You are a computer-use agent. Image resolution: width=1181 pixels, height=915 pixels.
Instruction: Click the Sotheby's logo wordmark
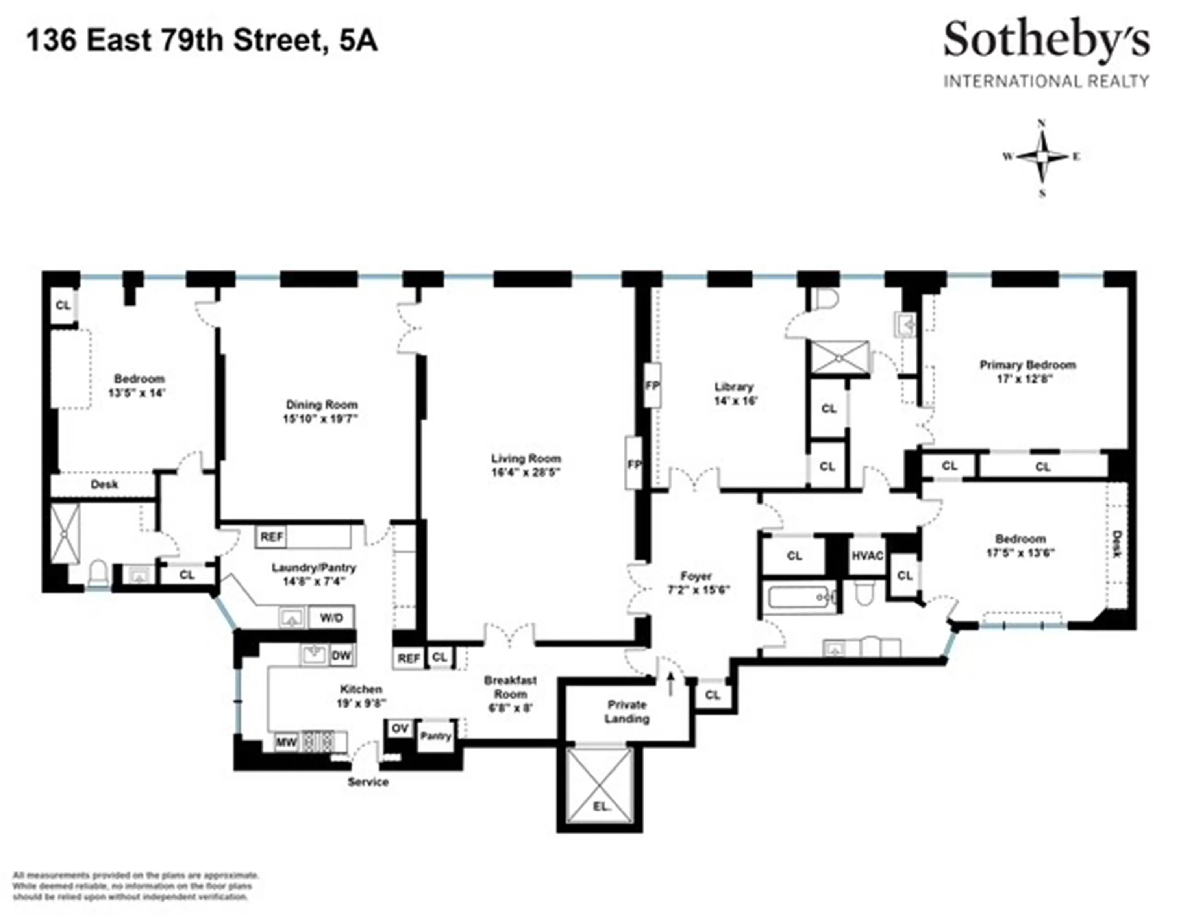pos(1046,41)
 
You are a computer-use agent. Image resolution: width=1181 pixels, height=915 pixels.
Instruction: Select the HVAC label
pos(867,556)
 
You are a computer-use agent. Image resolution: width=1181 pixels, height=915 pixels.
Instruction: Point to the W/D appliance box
pos(331,618)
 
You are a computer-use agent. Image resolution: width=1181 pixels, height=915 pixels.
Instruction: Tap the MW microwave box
pos(286,743)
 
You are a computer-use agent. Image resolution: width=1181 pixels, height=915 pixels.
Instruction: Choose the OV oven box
pos(400,728)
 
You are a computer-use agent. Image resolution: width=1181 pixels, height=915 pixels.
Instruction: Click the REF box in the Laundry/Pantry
pos(272,537)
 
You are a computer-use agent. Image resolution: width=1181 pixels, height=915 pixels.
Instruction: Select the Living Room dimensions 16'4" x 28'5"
pos(525,472)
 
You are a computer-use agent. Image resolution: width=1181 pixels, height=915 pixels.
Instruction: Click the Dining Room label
pos(321,404)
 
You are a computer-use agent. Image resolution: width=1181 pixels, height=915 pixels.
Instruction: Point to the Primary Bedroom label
pos(1027,365)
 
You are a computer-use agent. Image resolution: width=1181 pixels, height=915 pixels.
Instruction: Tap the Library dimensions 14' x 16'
pos(734,401)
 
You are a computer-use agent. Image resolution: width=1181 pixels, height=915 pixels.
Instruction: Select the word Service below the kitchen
pos(368,782)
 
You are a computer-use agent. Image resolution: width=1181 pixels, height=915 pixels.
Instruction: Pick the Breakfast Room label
pos(510,687)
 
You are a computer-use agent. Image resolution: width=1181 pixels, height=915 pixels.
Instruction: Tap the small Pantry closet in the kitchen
pos(435,736)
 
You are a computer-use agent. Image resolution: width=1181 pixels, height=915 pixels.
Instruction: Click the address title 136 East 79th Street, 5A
pos(202,41)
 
